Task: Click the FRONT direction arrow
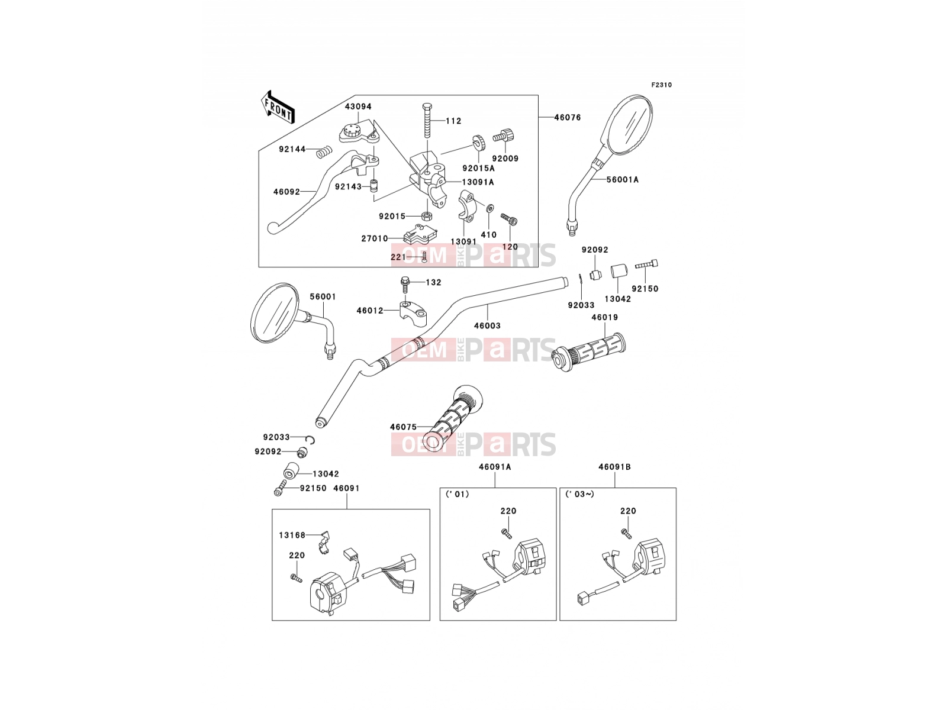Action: click(278, 107)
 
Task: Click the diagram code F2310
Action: click(661, 85)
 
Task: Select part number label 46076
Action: click(568, 117)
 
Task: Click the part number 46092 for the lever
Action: click(286, 192)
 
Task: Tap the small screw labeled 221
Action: click(424, 257)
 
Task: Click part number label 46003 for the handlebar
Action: click(487, 326)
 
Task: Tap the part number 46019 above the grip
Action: click(604, 317)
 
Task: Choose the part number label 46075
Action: click(404, 427)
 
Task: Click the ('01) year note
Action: click(457, 495)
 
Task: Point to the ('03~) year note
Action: click(579, 495)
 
